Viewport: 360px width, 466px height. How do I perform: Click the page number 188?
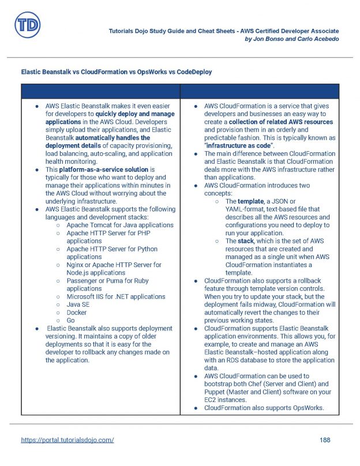tap(325, 440)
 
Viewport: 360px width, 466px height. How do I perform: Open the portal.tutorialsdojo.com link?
tap(67, 440)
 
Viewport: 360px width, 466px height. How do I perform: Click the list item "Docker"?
tap(77, 313)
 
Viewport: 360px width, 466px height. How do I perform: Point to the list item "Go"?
tap(71, 321)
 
